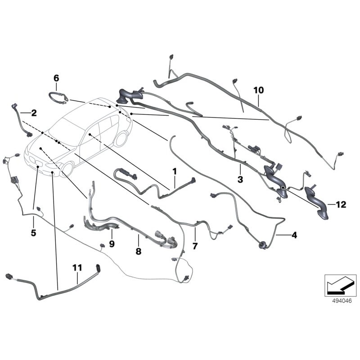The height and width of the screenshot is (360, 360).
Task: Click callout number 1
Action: point(175,171)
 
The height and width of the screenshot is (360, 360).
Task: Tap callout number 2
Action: point(34,112)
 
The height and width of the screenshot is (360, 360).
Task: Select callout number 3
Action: point(240,180)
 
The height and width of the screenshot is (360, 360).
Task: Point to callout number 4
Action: point(294,235)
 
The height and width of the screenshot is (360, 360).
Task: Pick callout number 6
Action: point(56,78)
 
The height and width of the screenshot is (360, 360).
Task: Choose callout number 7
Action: point(195,246)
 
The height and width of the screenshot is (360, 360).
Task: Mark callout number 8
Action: point(139,251)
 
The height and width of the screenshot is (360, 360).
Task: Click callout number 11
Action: point(77,268)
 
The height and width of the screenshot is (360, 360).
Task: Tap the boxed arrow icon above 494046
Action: point(337,283)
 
